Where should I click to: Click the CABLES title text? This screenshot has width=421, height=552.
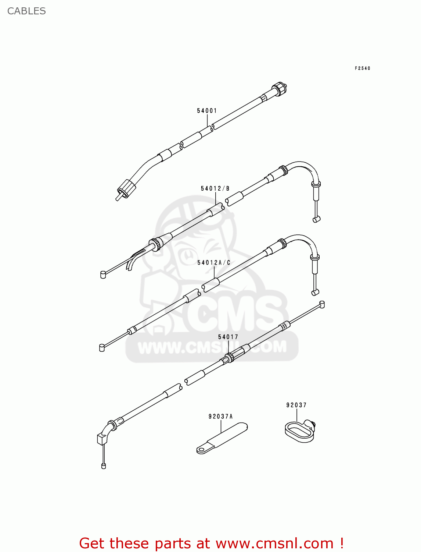pos(26,11)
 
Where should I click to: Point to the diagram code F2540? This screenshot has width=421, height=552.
pos(362,68)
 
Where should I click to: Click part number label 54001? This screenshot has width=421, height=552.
pos(207,111)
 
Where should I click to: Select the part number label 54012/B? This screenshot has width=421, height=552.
pos(215,188)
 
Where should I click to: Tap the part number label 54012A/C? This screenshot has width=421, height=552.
pos(214,262)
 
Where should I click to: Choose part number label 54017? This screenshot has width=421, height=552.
pos(228,337)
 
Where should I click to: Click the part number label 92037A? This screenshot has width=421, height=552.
pos(220,417)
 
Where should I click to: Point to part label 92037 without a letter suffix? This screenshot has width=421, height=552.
pos(296,405)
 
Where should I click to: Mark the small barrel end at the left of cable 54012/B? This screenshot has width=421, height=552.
pos(103,274)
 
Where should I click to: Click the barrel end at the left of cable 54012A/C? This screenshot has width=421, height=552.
pos(102,347)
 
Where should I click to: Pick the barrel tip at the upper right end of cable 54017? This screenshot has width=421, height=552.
pos(322,304)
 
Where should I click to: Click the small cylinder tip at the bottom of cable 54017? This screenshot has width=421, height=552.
pos(104,466)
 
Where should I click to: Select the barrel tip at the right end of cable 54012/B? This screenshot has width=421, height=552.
pos(316,219)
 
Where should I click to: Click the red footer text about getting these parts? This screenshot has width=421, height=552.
pos(211,543)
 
